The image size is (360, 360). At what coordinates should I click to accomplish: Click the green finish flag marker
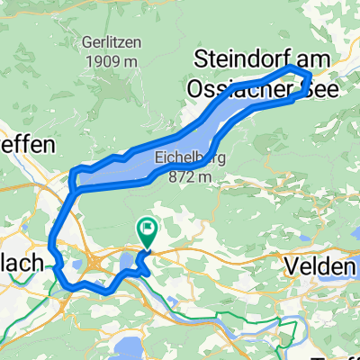[146, 230]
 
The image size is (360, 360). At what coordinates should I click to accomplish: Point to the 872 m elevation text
[191, 176]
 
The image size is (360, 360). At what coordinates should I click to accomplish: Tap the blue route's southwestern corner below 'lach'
[65, 286]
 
